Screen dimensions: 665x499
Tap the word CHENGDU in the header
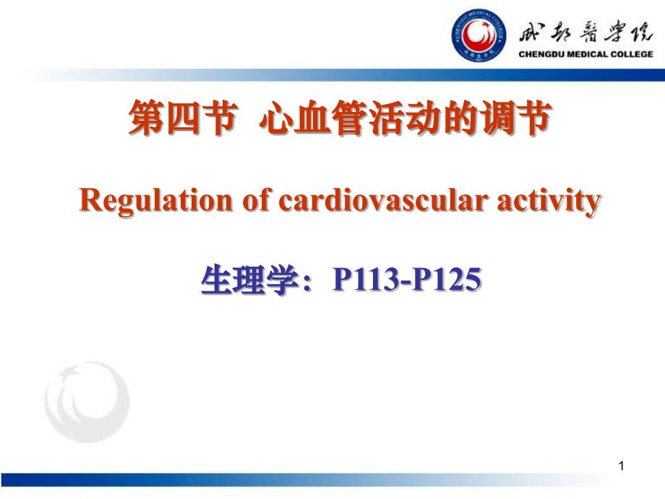point(541,54)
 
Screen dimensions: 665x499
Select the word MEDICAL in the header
point(588,54)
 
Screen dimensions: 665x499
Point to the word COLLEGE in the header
point(632,54)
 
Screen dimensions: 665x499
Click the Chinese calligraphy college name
point(585,33)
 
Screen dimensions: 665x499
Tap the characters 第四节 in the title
point(183,118)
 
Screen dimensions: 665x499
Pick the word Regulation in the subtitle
point(155,201)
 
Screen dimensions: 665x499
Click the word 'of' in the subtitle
point(256,200)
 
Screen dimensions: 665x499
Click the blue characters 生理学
point(249,280)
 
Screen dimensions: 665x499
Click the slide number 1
point(622,466)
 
